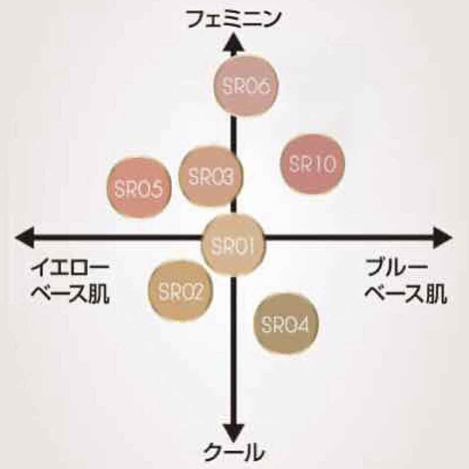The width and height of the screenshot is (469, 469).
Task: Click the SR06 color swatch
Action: [247, 86]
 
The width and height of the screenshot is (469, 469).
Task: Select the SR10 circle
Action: [312, 164]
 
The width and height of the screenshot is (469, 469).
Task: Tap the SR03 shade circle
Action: [211, 176]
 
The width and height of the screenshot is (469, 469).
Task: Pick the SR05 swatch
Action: [139, 188]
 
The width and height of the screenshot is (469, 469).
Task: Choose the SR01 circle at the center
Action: [234, 245]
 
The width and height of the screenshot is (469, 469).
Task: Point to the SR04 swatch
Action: [286, 324]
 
